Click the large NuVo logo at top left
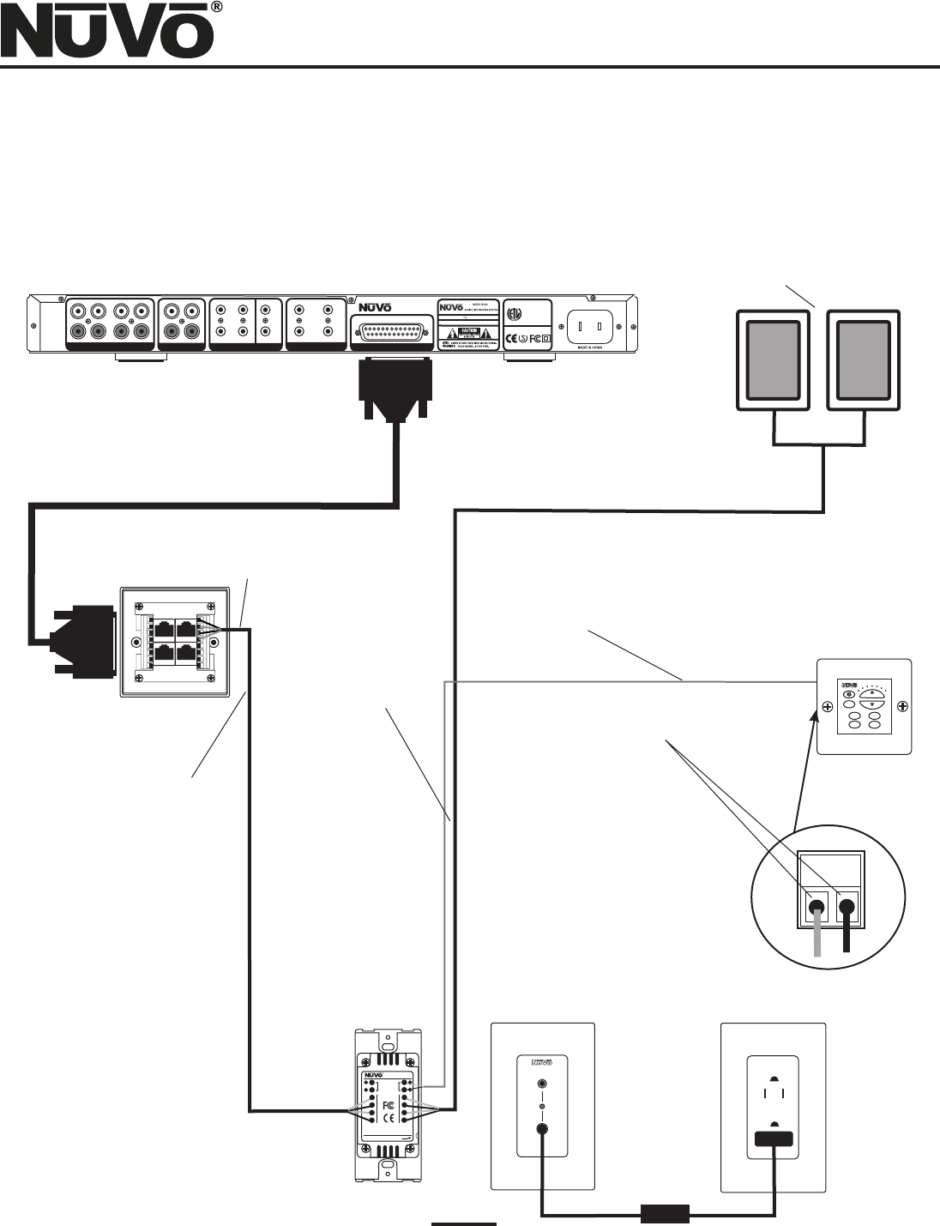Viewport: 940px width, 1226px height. tap(109, 33)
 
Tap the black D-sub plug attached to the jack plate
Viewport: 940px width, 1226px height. tap(84, 640)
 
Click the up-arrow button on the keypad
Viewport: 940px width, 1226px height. tap(873, 692)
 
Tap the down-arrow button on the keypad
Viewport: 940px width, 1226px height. tap(873, 704)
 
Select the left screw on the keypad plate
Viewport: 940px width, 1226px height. tap(828, 706)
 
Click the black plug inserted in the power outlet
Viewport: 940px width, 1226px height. tap(774, 1140)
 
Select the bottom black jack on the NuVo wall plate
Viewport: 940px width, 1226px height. tap(541, 1130)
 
